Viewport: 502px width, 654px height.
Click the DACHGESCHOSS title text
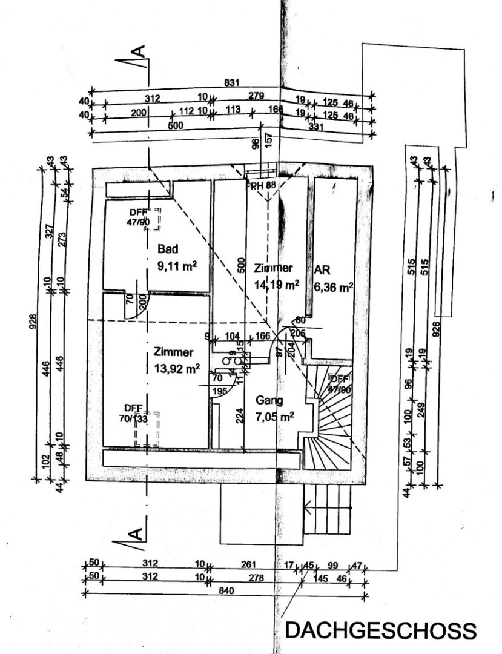point(380,630)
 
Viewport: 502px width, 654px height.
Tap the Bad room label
point(165,249)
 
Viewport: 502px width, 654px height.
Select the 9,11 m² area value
point(174,265)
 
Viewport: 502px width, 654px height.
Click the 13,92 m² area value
point(177,368)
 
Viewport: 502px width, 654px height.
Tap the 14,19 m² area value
point(276,284)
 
